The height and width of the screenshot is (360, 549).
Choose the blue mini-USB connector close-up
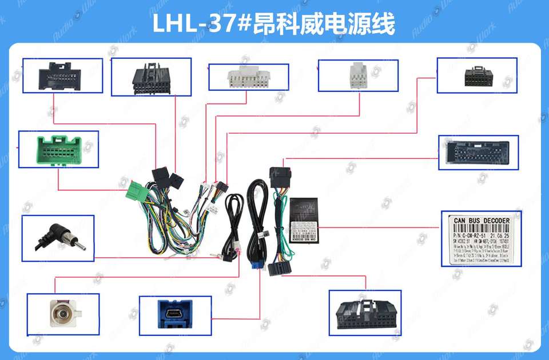click(x=174, y=315)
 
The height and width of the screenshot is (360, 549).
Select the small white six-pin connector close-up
click(x=358, y=75)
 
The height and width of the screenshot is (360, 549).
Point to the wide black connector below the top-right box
click(x=478, y=153)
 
